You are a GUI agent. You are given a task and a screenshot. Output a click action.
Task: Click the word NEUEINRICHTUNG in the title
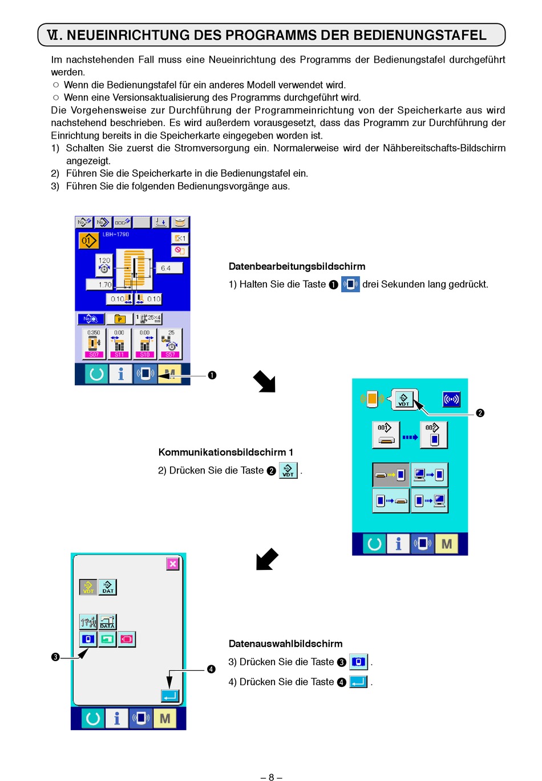pos(128,35)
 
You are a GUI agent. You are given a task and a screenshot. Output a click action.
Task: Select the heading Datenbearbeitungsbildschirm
pos(297,266)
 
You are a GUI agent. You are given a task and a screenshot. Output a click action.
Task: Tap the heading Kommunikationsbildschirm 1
pos(225,452)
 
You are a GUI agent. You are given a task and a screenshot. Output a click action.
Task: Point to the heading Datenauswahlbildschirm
pos(285,644)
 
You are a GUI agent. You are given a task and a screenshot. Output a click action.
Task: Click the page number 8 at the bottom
pos(272,777)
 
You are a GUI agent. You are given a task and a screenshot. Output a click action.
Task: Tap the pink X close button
pos(173,564)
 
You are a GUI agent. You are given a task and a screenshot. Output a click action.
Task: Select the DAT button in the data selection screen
pos(108,587)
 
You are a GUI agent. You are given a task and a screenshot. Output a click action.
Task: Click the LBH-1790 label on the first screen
pos(116,234)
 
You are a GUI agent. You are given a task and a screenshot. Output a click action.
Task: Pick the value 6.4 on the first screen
pos(166,268)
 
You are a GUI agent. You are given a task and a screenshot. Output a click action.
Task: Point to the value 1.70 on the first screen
pos(105,284)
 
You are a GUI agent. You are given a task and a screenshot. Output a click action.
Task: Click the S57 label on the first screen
pos(170,354)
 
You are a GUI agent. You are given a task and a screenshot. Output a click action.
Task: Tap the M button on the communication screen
pos(447,544)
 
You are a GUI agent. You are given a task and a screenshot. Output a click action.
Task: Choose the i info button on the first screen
pos(120,374)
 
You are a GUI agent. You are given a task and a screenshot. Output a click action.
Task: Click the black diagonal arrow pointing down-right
pos(265,381)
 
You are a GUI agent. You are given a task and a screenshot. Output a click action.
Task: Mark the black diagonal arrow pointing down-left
pos(266,559)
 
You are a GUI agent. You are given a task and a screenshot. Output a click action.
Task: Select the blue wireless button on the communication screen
pos(451,399)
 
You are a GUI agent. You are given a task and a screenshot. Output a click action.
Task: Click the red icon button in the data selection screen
pos(127,639)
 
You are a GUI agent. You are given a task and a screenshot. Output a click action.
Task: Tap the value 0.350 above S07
pos(94,333)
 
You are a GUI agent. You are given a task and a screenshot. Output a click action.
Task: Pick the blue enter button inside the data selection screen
pos(170,696)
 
